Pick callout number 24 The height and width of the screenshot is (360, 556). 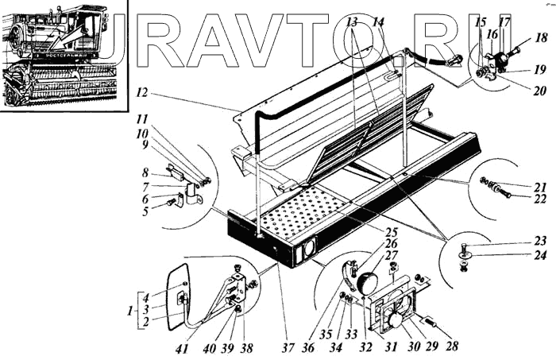point(540,255)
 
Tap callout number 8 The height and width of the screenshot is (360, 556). point(145,172)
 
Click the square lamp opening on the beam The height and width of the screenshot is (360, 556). point(305,252)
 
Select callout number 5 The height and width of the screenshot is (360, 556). point(145,212)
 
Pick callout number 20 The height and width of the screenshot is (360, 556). point(540,91)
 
